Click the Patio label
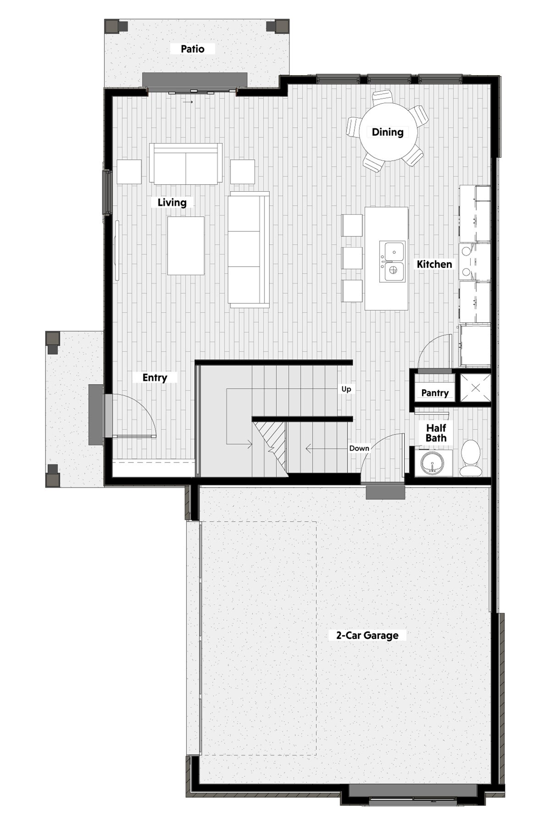tap(192, 49)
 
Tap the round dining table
tap(388, 132)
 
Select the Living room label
tap(172, 202)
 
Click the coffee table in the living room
tap(186, 246)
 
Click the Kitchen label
tap(434, 264)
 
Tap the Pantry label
tap(435, 393)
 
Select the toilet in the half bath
tap(470, 457)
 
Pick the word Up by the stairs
tap(346, 389)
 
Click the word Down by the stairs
tap(359, 448)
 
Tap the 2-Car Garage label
tap(367, 635)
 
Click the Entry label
tap(154, 377)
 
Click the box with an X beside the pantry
tap(475, 388)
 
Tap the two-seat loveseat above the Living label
tap(186, 164)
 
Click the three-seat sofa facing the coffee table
tap(248, 250)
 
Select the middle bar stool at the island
tap(352, 258)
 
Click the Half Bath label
tap(436, 433)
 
